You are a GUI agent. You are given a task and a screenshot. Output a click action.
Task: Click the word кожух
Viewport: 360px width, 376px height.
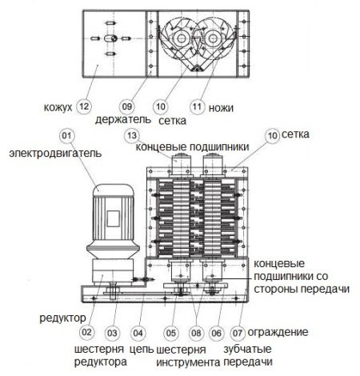point(58,107)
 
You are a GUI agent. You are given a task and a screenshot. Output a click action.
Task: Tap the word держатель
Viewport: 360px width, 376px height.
point(123,120)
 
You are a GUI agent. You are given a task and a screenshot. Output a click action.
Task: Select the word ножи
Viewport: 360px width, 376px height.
point(221,108)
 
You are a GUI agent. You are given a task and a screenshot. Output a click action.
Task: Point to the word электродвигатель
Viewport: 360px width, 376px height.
point(55,154)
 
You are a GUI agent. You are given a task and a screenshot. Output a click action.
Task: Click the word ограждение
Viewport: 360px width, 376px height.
point(278,333)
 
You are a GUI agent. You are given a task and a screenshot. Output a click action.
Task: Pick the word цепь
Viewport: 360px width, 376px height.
point(142,350)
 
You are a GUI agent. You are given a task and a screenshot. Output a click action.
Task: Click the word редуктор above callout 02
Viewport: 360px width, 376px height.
point(62,318)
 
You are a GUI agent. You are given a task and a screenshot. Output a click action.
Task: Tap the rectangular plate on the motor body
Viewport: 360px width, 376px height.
point(113,218)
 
